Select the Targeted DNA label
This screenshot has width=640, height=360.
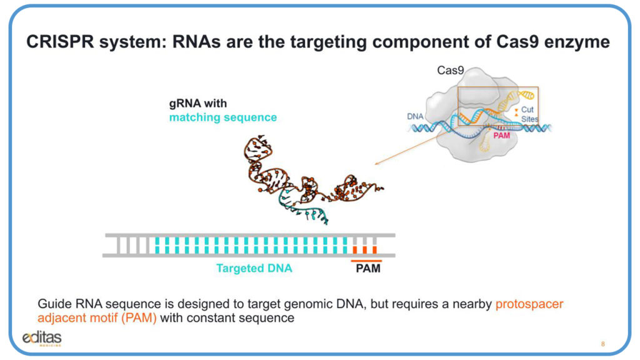point(254,269)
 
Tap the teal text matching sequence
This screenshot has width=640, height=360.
point(222,117)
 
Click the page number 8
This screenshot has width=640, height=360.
point(602,344)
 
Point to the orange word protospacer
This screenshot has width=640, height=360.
point(529,304)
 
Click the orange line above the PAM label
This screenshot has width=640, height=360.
point(366,260)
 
